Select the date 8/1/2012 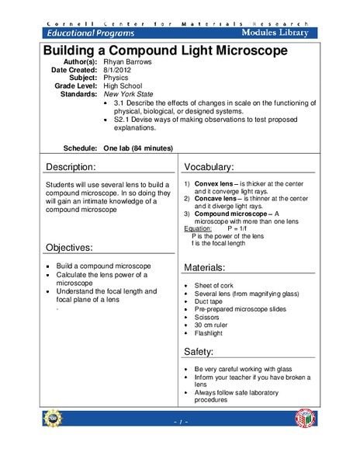[x=118, y=70]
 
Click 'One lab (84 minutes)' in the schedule [x=138, y=148]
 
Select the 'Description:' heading [x=71, y=167]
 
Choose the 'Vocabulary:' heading [x=209, y=167]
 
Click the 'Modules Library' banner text [x=275, y=33]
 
